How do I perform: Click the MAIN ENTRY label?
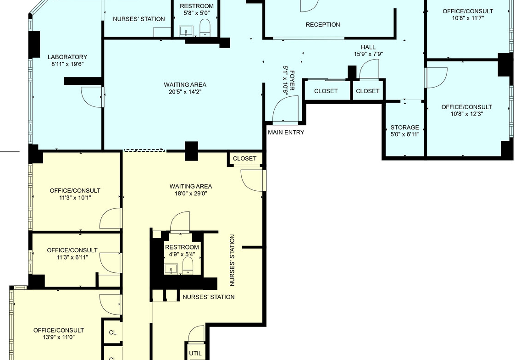[x=286, y=133]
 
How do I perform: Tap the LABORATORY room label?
[x=67, y=57]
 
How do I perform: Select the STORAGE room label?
[x=405, y=127]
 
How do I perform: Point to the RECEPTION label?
[x=323, y=24]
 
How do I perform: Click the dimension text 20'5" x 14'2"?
[x=185, y=92]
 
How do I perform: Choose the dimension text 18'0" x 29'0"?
[x=191, y=194]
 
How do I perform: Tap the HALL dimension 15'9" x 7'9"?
[x=368, y=54]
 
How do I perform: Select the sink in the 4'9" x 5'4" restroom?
[x=170, y=269]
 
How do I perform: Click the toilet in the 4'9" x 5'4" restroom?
[x=188, y=265]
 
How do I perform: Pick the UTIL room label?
[x=195, y=353]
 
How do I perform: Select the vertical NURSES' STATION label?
[x=232, y=260]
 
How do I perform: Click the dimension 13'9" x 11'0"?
[x=59, y=337]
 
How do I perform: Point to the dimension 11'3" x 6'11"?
[x=72, y=257]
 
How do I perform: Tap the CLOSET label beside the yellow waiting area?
[x=244, y=159]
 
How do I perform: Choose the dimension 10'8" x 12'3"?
[x=466, y=114]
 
